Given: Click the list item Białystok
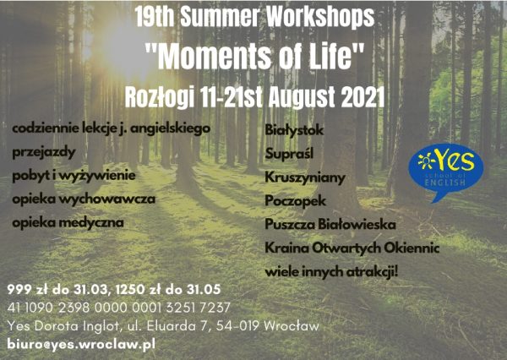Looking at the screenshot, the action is [x=294, y=130].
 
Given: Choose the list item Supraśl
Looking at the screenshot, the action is [x=289, y=154].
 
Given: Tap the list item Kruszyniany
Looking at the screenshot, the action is [x=305, y=177].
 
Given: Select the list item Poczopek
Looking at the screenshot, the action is [x=295, y=201].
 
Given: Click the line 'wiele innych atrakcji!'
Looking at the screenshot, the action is [x=331, y=272].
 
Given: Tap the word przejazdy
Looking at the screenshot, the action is [x=44, y=152].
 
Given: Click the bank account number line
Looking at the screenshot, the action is [x=118, y=308].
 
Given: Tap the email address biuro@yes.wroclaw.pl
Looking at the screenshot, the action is [x=81, y=344].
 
